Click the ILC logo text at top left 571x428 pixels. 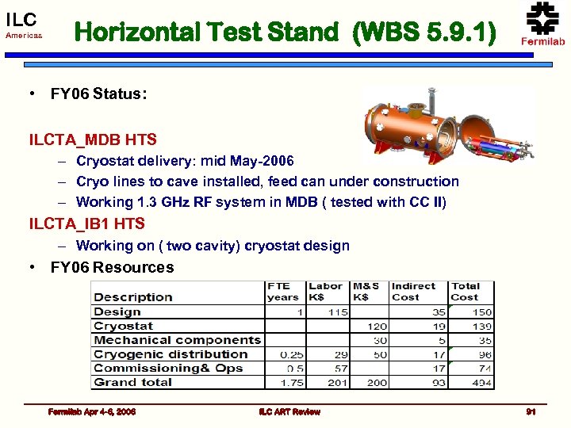tap(21, 19)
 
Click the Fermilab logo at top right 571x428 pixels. tap(542, 24)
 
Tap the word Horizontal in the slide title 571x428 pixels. tap(139, 32)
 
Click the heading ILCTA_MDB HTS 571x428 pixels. tap(93, 139)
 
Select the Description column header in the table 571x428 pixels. tap(133, 297)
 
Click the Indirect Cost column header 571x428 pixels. tap(413, 292)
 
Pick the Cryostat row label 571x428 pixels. tap(123, 326)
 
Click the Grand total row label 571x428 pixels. tap(132, 382)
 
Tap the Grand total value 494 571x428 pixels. tap(481, 383)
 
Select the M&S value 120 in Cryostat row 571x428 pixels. tap(377, 327)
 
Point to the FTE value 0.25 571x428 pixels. tap(291, 354)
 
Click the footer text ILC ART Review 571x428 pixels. tap(289, 411)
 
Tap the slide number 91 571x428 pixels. tap(531, 411)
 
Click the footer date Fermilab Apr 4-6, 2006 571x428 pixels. tap(91, 411)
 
